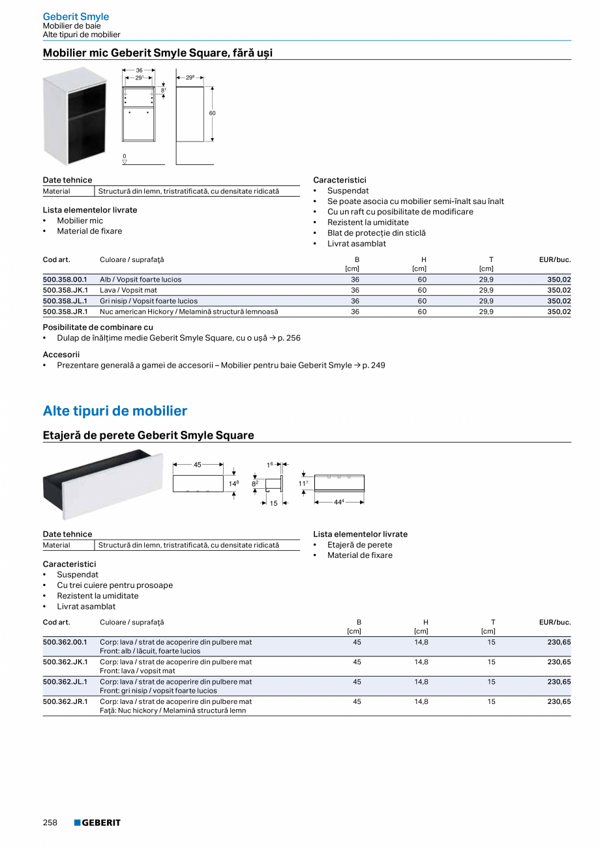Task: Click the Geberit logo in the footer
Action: (97, 823)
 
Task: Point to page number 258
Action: (50, 823)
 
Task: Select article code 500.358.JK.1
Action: (65, 290)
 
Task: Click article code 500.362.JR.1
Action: (65, 701)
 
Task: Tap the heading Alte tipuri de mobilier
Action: (115, 411)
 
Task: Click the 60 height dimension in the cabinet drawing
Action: (212, 113)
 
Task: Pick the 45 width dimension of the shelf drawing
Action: (198, 465)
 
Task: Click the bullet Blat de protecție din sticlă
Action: (376, 233)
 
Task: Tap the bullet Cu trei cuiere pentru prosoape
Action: (115, 585)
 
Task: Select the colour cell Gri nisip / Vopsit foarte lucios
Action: (149, 301)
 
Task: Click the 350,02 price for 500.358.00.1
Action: (559, 280)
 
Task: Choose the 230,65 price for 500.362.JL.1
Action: (559, 682)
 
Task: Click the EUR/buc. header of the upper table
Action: (554, 259)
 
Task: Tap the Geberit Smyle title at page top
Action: (76, 16)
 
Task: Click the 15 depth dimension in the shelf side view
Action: (274, 503)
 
